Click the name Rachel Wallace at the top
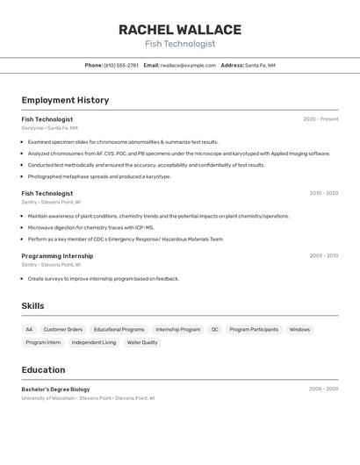click(x=179, y=30)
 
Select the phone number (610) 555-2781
click(x=121, y=65)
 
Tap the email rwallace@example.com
click(x=188, y=65)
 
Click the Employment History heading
click(x=65, y=100)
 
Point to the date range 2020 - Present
click(x=320, y=119)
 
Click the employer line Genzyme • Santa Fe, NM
click(x=49, y=128)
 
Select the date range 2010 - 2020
click(x=323, y=193)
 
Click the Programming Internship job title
click(x=57, y=256)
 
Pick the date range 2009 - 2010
click(x=323, y=256)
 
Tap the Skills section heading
click(x=32, y=306)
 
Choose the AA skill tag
click(x=29, y=330)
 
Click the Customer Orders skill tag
click(x=63, y=330)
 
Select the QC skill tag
click(x=214, y=330)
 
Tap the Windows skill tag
click(x=299, y=330)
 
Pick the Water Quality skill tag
click(x=142, y=343)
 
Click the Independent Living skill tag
click(x=93, y=343)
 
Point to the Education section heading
click(x=43, y=370)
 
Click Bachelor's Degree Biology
click(x=55, y=389)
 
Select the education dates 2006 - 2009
click(x=323, y=389)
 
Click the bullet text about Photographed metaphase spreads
click(x=98, y=176)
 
